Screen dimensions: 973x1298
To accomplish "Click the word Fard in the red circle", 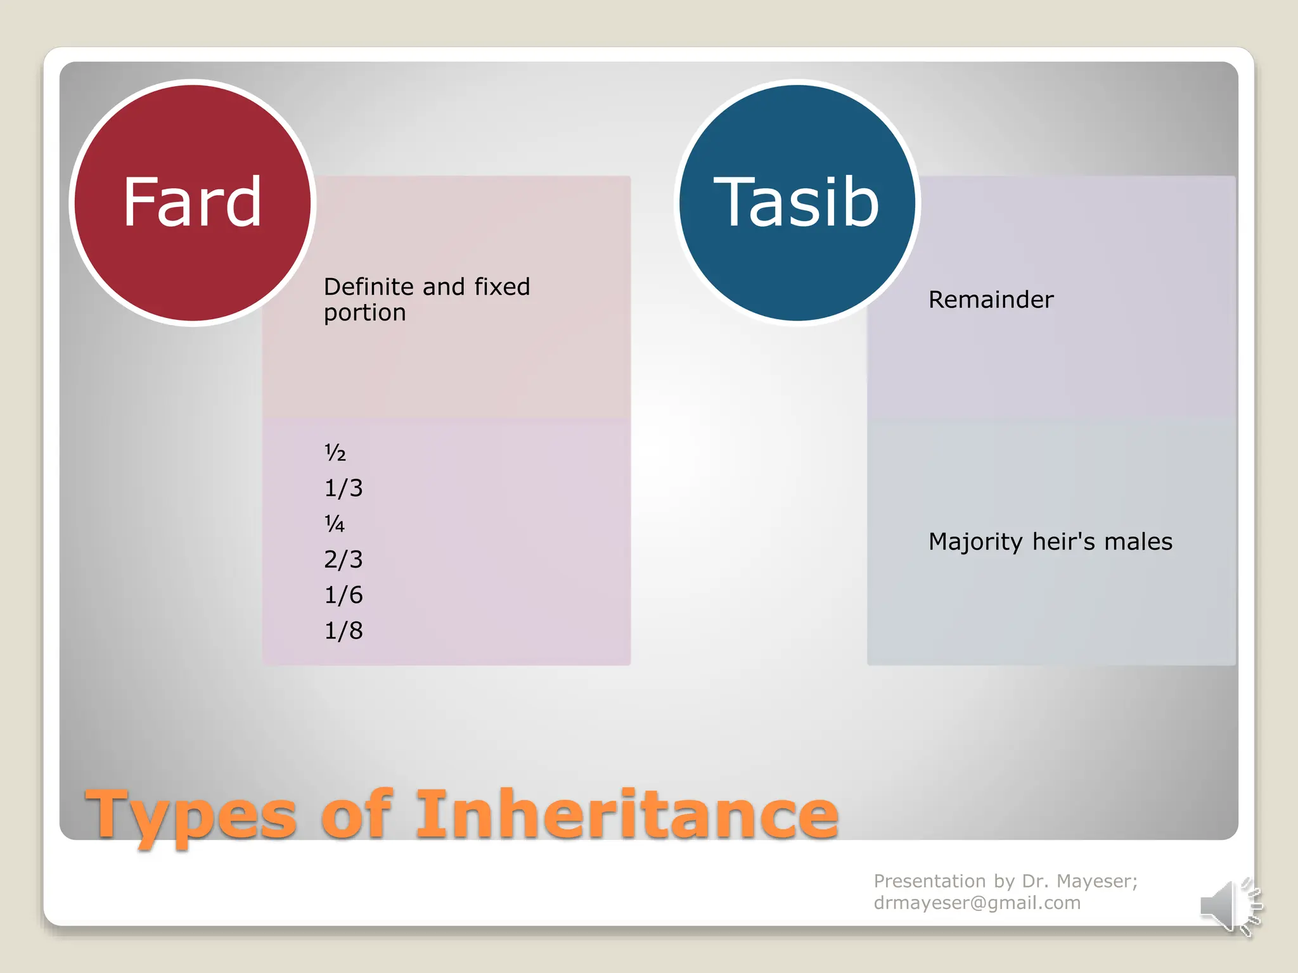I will coord(192,203).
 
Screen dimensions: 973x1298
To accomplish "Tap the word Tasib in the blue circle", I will coord(797,203).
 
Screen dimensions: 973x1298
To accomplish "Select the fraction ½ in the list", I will coord(335,452).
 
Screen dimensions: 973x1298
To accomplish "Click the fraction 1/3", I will coord(343,488).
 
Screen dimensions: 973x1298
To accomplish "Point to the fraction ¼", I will coord(335,524).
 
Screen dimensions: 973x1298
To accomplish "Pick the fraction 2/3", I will coord(343,559).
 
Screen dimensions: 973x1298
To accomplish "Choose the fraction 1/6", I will coord(343,595).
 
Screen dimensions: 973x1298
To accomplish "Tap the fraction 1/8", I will coord(343,630).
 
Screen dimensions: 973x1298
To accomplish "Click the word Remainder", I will coord(991,300).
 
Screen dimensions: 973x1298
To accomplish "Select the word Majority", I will coord(975,542).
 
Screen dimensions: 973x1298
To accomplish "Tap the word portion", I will coord(364,313).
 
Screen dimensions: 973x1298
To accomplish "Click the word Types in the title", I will coord(191,816).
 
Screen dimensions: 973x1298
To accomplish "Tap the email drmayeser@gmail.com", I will coord(977,903).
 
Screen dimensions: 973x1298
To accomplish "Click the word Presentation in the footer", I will coord(929,881).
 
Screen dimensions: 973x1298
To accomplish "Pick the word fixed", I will coord(502,287).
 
